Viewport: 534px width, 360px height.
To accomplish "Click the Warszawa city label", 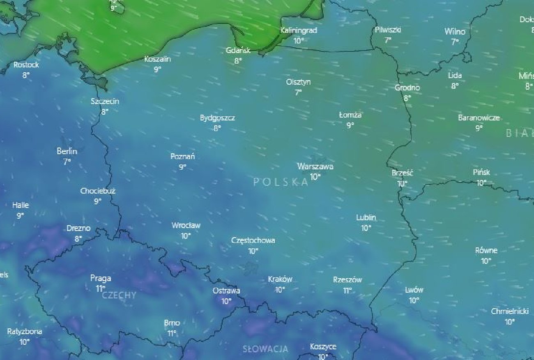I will [x=315, y=166].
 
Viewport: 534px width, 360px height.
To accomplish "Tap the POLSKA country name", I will [x=281, y=182].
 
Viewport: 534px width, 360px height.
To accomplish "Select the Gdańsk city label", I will [x=238, y=51].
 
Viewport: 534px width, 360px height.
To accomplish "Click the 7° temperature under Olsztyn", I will [x=298, y=92].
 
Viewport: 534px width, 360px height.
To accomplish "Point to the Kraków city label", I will [x=280, y=279].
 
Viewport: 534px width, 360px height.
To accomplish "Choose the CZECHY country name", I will [x=119, y=295].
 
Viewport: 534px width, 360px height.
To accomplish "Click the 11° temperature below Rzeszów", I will [x=348, y=291].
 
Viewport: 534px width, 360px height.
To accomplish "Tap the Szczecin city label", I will [x=105, y=101].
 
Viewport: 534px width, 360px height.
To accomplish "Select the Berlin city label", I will [x=67, y=151].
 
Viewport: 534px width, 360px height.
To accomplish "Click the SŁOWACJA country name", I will [x=265, y=349].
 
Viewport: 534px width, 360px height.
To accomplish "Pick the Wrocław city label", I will [x=186, y=226].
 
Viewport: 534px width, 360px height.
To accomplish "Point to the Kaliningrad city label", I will [x=299, y=30].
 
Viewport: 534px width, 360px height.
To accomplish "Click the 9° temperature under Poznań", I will [x=182, y=167].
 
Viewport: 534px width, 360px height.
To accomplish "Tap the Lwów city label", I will [x=414, y=290].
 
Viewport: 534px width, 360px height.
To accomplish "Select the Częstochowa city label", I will [x=253, y=240].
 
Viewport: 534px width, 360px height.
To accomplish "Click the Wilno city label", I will [x=455, y=32].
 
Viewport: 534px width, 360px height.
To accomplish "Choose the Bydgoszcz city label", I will [x=217, y=118].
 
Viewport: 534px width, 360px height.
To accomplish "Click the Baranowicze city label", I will [x=479, y=118].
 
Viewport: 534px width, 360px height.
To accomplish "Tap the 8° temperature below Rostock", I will [x=26, y=75].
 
